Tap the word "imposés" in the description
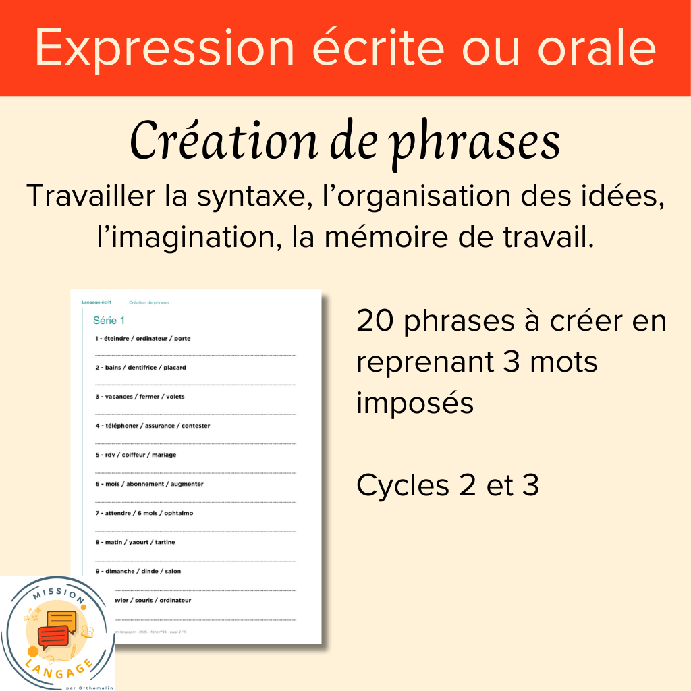coord(415,404)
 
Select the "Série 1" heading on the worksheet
coord(109,321)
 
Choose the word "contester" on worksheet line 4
coord(196,426)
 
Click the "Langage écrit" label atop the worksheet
coord(96,302)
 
